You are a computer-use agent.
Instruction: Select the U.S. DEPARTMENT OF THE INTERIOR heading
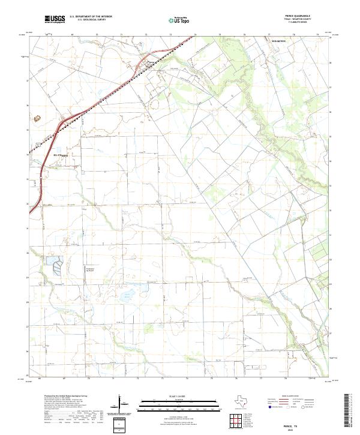pyautogui.click(x=91, y=17)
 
